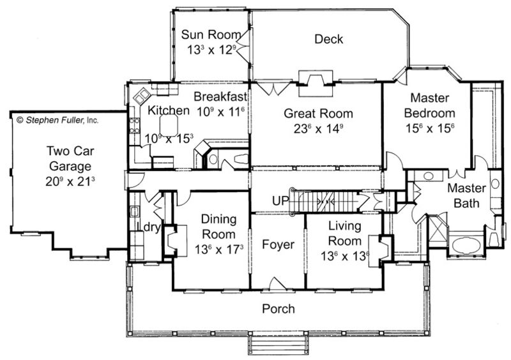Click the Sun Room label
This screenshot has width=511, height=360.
pyautogui.click(x=211, y=34)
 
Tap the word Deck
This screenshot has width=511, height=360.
pyautogui.click(x=328, y=39)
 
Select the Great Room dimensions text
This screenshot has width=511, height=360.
pyautogui.click(x=318, y=128)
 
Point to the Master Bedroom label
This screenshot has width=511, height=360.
pyautogui.click(x=429, y=105)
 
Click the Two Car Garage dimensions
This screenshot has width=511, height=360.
pyautogui.click(x=70, y=181)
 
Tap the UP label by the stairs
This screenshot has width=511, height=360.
pyautogui.click(x=280, y=201)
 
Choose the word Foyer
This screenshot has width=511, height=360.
pyautogui.click(x=278, y=244)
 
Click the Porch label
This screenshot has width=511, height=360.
pyautogui.click(x=278, y=308)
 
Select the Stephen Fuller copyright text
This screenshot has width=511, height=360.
pyautogui.click(x=57, y=120)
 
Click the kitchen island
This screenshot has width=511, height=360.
pyautogui.click(x=169, y=126)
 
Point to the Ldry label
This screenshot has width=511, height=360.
pyautogui.click(x=149, y=227)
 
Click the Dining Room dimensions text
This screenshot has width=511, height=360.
pyautogui.click(x=219, y=250)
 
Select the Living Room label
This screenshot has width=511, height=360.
pyautogui.click(x=344, y=233)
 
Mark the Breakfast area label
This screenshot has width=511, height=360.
pyautogui.click(x=220, y=96)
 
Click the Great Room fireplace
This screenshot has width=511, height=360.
pyautogui.click(x=316, y=84)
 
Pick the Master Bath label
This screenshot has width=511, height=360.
pyautogui.click(x=466, y=195)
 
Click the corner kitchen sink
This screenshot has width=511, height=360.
pyautogui.click(x=141, y=96)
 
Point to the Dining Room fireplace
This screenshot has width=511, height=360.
pyautogui.click(x=175, y=241)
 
